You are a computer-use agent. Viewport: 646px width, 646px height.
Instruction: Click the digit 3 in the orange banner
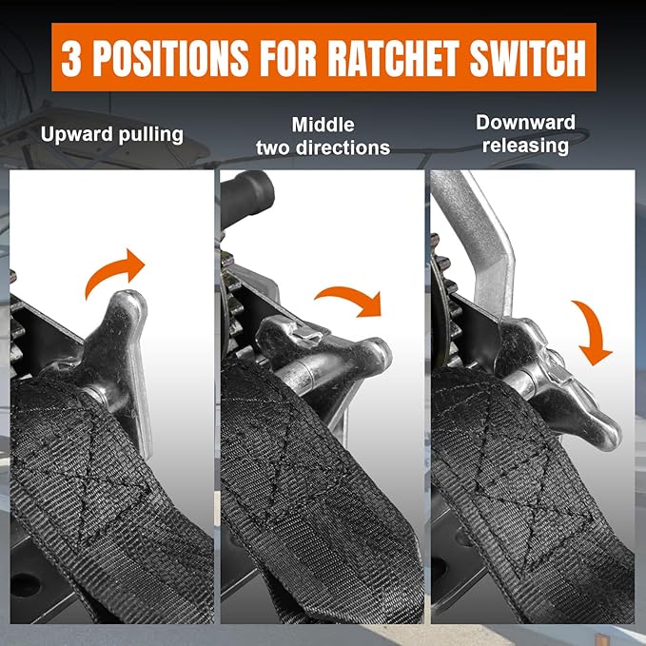click(70, 57)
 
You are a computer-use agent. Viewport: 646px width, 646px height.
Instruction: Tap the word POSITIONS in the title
click(171, 58)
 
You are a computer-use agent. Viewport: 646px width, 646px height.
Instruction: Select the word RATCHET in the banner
click(393, 58)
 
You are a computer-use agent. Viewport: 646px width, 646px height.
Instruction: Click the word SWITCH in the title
click(528, 58)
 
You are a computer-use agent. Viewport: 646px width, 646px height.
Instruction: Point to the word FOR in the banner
click(288, 58)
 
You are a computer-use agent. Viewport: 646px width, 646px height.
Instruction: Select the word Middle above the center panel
click(323, 125)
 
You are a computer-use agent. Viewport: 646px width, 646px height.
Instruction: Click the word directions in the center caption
click(343, 147)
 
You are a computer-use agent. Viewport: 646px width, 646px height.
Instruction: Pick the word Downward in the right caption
click(525, 123)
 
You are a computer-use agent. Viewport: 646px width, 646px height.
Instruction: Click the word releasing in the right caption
click(525, 146)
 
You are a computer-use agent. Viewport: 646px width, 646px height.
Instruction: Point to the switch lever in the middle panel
click(325, 354)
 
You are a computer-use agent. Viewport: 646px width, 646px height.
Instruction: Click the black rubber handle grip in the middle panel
click(246, 197)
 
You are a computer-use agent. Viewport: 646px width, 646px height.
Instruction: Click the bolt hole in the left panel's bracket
click(26, 584)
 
